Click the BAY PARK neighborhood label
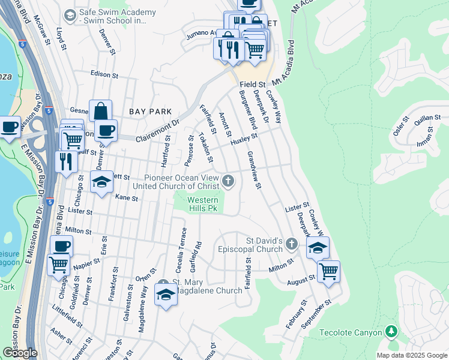pyautogui.click(x=150, y=112)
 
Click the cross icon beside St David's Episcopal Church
pyautogui.click(x=292, y=244)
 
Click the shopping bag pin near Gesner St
pyautogui.click(x=101, y=111)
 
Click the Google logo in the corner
pyautogui.click(x=20, y=353)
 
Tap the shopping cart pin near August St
pyautogui.click(x=328, y=271)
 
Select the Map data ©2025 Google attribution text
pyautogui.click(x=412, y=355)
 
